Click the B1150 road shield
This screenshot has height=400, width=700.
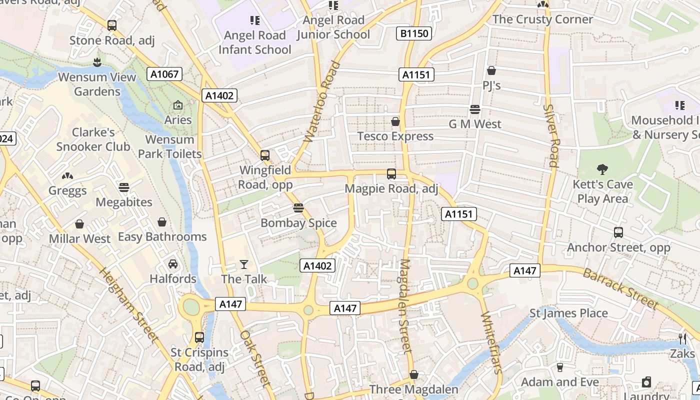(414, 33)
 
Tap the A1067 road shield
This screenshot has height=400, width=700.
(164, 74)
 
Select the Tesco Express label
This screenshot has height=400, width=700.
(395, 136)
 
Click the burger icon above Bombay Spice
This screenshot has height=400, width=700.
(298, 208)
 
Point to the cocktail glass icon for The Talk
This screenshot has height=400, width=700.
(244, 264)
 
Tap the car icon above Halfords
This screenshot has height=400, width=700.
(173, 263)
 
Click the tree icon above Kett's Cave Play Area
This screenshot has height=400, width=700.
(602, 169)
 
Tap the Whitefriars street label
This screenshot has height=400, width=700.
(491, 343)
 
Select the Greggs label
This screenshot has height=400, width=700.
(67, 190)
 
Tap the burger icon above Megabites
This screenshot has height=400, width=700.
(124, 187)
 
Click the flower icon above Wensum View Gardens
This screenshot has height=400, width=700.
(97, 62)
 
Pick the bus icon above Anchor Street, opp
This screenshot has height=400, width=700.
(618, 232)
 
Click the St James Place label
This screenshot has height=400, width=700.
(568, 313)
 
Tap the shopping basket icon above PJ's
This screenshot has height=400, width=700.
(491, 71)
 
